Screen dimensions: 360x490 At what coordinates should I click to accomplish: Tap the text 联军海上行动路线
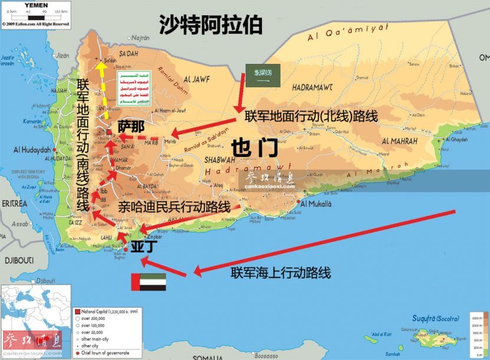point(281,273)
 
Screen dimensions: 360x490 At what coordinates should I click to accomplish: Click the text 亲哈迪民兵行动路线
point(174,207)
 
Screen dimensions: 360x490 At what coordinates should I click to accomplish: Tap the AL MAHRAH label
point(399,142)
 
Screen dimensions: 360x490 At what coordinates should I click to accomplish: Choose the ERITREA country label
point(14,203)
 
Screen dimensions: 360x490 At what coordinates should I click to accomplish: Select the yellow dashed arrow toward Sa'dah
point(104,89)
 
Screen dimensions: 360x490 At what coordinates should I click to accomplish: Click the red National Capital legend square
point(77,311)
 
